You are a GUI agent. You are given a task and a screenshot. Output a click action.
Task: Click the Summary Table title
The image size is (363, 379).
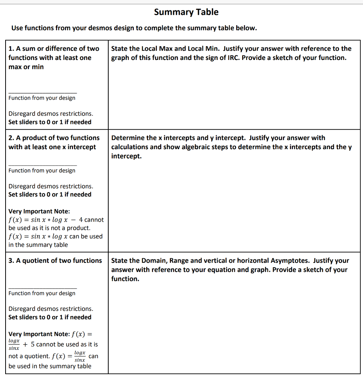click(x=186, y=12)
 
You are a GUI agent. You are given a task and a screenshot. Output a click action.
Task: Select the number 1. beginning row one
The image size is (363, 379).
click(x=11, y=48)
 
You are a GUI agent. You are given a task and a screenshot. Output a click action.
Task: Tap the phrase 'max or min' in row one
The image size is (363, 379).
click(x=26, y=67)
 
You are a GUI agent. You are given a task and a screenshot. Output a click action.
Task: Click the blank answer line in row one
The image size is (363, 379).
click(x=43, y=92)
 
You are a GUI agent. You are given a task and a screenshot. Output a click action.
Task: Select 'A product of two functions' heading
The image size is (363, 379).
click(x=54, y=138)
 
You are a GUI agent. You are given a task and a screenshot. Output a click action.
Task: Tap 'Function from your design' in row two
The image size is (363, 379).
click(x=42, y=171)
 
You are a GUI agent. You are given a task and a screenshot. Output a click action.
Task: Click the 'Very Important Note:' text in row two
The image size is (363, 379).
click(x=39, y=211)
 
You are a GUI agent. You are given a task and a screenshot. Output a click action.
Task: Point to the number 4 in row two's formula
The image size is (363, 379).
click(x=81, y=220)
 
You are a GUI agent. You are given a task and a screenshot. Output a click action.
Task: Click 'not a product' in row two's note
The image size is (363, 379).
click(x=70, y=228)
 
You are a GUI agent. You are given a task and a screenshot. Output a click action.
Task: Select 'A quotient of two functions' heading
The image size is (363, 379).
click(x=55, y=261)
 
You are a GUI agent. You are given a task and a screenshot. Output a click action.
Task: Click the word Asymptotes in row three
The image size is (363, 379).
click(x=290, y=261)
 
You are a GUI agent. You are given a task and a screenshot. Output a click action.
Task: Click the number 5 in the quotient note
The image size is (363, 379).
click(x=32, y=345)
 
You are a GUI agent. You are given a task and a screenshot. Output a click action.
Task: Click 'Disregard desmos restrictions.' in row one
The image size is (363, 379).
click(x=51, y=114)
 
